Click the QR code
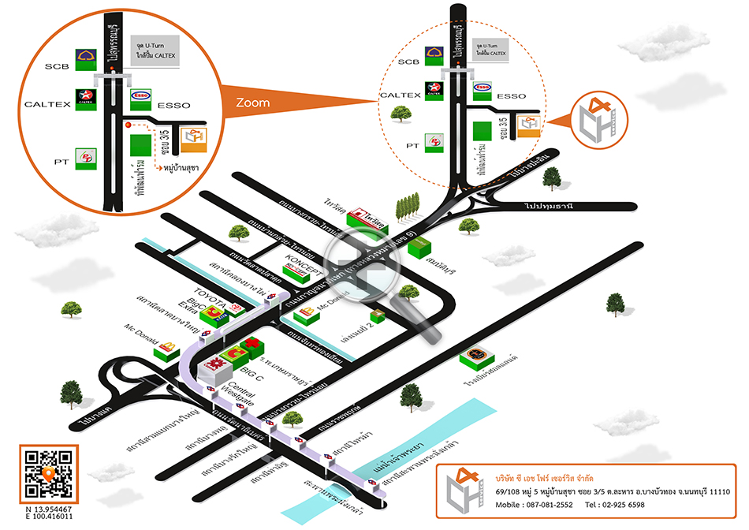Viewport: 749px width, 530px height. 49,474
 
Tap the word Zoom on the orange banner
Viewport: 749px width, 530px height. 252,103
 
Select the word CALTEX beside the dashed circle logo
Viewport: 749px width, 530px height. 400,95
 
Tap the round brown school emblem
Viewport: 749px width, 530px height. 475,354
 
